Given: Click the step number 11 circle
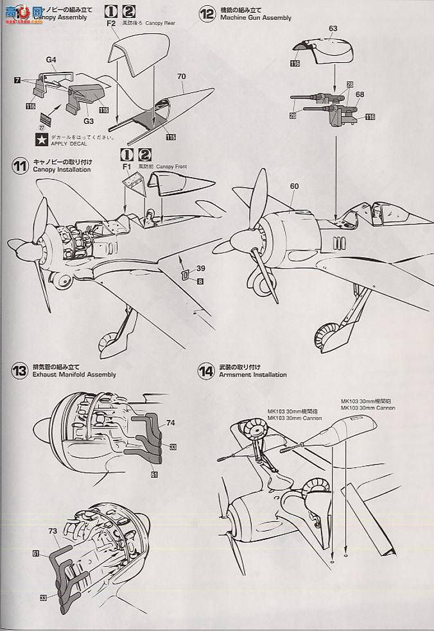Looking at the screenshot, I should coord(20,165).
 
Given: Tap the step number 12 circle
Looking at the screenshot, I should coord(207,13).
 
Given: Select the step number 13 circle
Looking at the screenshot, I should coord(20,371).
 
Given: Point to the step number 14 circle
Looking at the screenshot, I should coord(206,371).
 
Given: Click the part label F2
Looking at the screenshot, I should coord(110,22).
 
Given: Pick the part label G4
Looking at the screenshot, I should coord(51,60).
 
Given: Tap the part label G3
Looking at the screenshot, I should coord(88,120).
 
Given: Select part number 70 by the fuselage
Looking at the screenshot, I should coord(182,76).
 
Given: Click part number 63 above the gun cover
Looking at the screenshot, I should coord(333,29).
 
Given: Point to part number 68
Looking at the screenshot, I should coord(360,94).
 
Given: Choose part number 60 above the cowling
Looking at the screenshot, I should coord(294,187).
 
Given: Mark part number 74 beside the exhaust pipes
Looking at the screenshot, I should coord(170,423).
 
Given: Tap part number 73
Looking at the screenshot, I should coord(52,532).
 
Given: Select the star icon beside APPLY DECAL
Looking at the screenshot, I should coord(40,139).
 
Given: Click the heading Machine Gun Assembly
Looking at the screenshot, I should coord(255,18).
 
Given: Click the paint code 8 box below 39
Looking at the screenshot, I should coord(200,281).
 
